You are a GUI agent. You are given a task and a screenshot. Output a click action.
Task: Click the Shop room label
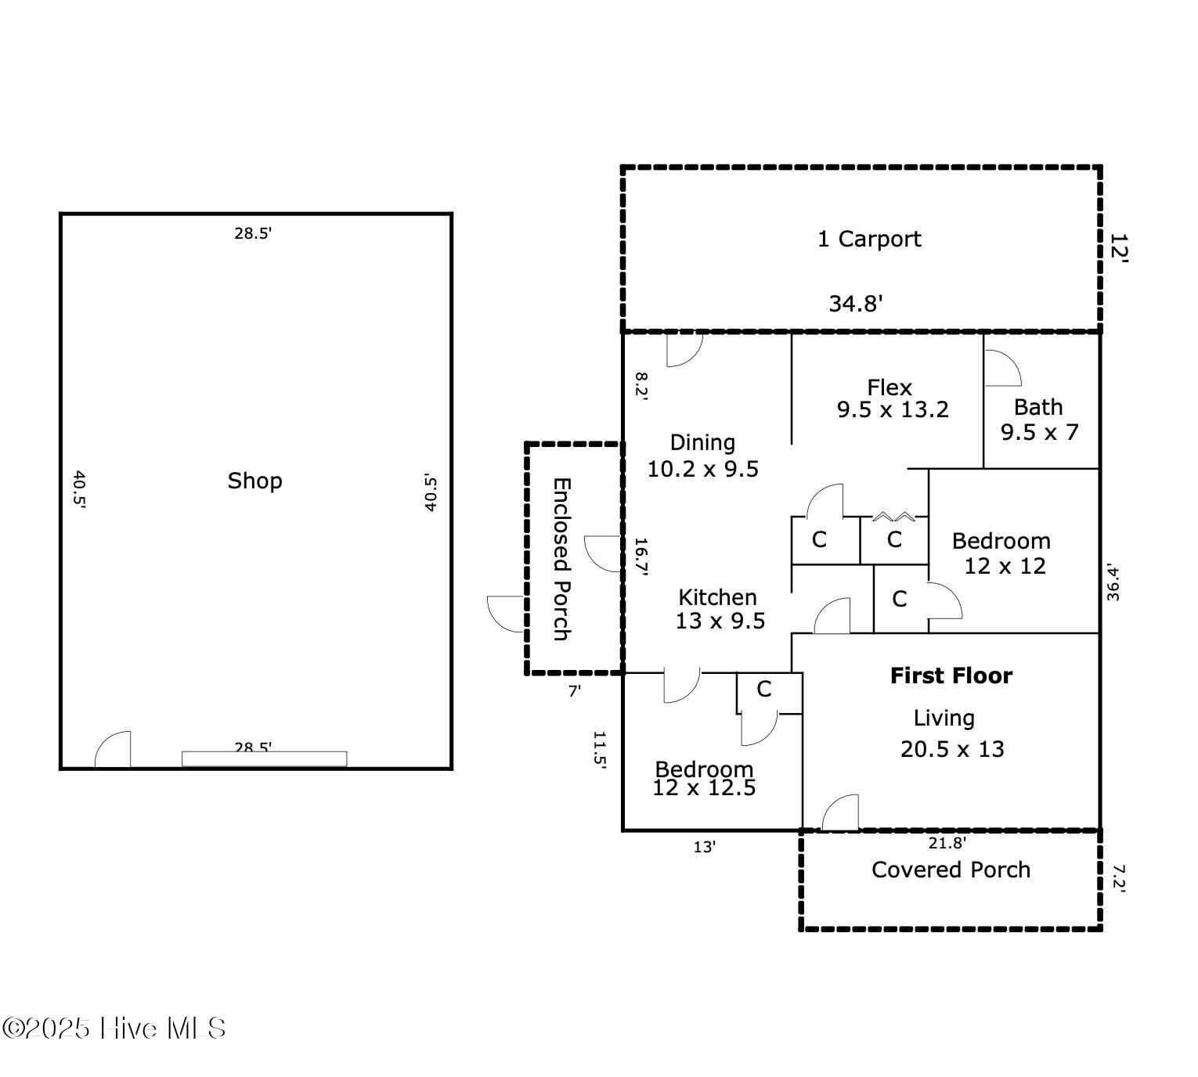(x=254, y=481)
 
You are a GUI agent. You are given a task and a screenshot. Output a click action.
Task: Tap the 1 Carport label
(x=869, y=239)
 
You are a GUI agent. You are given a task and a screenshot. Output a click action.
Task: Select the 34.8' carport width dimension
(x=856, y=304)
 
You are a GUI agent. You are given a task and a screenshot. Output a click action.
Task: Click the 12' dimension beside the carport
(x=1118, y=247)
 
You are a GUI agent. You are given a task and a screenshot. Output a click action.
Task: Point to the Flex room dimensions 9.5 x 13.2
(x=893, y=409)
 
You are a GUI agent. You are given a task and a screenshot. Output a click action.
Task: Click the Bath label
(x=1038, y=407)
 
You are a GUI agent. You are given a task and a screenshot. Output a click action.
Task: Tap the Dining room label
(x=702, y=443)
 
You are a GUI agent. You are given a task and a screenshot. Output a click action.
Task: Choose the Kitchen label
(x=717, y=597)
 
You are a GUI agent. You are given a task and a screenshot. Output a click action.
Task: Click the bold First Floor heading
(x=951, y=675)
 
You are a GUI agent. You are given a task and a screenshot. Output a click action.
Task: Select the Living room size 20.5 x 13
(x=952, y=749)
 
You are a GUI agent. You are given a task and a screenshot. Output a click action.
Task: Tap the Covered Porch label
(x=951, y=870)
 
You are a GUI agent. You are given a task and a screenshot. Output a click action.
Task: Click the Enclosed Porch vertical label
(x=561, y=559)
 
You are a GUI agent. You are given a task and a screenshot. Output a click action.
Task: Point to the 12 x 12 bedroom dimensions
(x=1005, y=566)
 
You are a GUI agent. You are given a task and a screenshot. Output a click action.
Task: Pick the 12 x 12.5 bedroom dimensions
(x=704, y=788)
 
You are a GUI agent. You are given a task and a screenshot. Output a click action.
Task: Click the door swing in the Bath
(x=1001, y=368)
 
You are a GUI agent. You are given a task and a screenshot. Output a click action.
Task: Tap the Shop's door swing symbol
(x=114, y=750)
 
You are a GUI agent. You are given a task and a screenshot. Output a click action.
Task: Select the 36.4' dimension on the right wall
(x=1113, y=582)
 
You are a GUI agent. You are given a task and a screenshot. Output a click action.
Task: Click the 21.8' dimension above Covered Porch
(x=947, y=843)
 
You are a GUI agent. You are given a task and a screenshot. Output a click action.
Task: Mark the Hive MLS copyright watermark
(x=114, y=1028)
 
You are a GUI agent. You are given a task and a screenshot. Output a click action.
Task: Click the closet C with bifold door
(x=894, y=539)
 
